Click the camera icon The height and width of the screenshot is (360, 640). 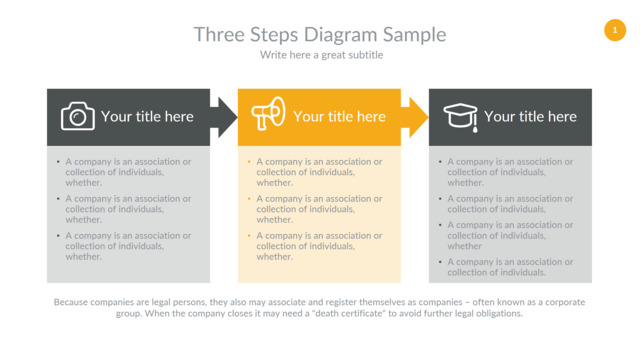pos(78,116)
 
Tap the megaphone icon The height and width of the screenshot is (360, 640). pos(268,113)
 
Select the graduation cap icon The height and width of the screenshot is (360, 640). pos(461,118)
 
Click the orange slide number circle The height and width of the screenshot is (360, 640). pos(615,30)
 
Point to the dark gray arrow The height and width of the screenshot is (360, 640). pos(224,118)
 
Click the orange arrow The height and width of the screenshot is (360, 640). pos(415,118)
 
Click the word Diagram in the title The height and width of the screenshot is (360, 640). pos(341,35)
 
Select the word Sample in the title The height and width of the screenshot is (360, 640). pos(414,35)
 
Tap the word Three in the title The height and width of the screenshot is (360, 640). pos(220,34)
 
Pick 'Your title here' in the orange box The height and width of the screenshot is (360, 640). pos(339,117)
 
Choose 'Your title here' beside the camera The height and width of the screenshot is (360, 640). pos(147,117)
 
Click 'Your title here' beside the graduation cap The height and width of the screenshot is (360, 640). pos(530,117)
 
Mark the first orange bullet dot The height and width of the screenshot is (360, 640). pos(249,162)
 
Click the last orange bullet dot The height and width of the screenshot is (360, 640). pos(249,236)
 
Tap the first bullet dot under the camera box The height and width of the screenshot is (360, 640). pos(58,162)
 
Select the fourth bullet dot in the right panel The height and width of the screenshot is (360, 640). pos(440,262)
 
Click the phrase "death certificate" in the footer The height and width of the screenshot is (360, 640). pos(351,313)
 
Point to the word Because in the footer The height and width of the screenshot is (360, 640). pos(71,302)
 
